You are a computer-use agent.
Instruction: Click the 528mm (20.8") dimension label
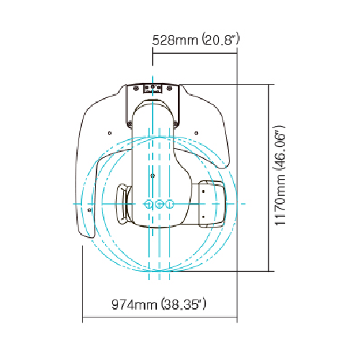click(196, 39)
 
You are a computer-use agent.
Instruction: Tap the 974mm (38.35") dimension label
click(159, 304)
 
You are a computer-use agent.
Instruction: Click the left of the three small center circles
click(149, 204)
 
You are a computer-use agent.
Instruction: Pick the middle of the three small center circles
click(159, 204)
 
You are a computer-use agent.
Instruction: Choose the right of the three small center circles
click(169, 204)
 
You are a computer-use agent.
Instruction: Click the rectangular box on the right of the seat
click(210, 203)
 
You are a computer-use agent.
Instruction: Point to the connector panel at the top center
click(153, 89)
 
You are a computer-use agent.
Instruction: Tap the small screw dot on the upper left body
click(109, 132)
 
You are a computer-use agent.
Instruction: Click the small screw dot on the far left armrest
click(89, 210)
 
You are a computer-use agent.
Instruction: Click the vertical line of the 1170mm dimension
click(269, 178)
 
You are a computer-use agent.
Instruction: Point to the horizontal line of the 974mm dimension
click(160, 318)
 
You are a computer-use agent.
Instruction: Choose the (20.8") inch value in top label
click(219, 39)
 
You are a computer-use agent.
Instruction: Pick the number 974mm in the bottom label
click(135, 304)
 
